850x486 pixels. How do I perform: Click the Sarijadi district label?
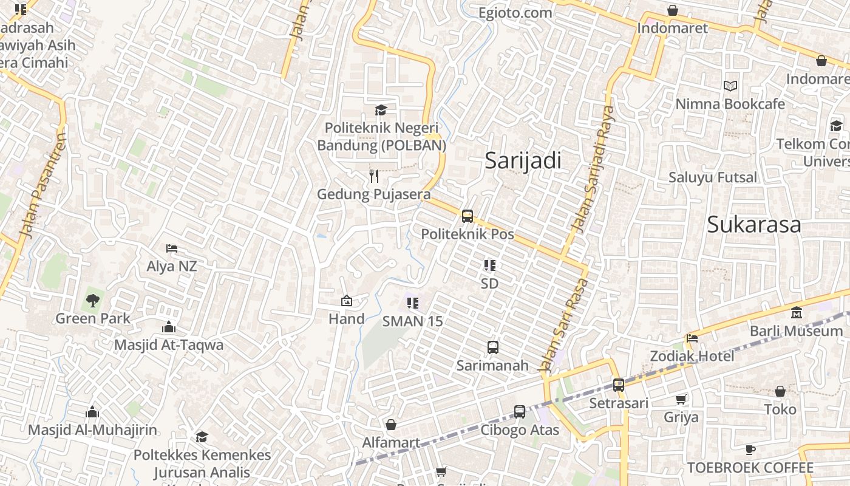523,161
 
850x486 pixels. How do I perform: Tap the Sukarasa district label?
753,225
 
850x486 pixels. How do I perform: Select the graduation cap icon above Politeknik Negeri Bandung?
381,110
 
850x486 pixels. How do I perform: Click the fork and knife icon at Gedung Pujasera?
374,176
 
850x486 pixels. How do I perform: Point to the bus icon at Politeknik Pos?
467,216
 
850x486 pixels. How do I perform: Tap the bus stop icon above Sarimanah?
493,347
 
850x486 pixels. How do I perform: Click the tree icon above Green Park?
93,300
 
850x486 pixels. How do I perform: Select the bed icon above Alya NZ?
172,248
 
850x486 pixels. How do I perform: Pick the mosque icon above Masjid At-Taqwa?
169,327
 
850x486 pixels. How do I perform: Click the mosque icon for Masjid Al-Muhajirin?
92,412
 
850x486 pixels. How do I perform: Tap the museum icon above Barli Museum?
796,313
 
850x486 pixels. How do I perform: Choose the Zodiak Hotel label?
692,356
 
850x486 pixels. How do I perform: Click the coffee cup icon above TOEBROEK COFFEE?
750,450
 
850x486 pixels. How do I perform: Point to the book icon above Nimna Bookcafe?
730,86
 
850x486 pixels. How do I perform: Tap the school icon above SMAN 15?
413,303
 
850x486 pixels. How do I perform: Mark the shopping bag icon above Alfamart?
391,425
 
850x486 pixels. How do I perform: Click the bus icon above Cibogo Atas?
520,412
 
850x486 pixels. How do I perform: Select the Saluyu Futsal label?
713,177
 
